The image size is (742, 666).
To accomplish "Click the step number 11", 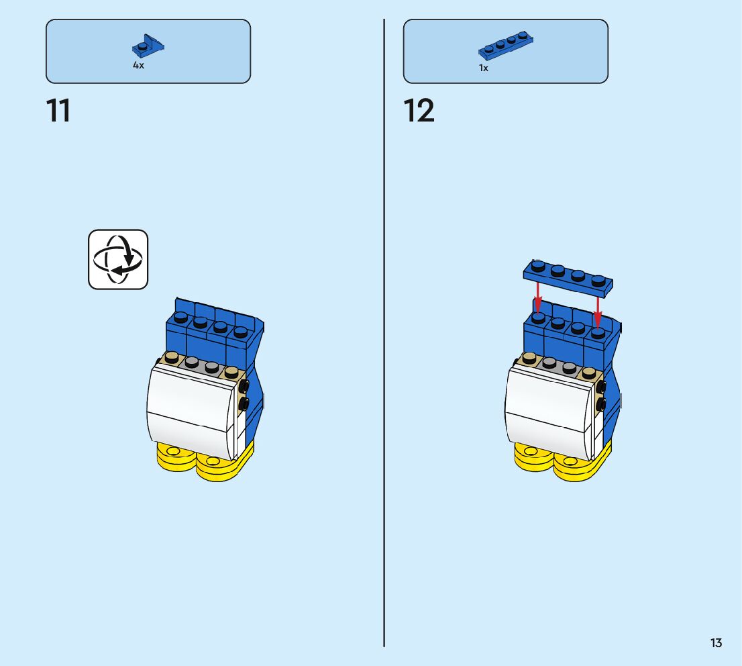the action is point(58,111).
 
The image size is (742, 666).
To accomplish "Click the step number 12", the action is point(419,111).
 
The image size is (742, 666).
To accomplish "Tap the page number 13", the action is point(716,643).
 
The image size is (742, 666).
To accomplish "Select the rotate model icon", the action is point(118,259).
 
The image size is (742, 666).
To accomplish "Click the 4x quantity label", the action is point(138,66).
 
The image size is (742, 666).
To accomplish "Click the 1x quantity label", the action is point(484,68).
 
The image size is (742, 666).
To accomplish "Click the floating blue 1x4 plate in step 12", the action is point(568,278).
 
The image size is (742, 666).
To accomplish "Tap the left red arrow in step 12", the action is point(538,295).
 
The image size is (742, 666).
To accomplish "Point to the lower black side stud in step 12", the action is point(601,404).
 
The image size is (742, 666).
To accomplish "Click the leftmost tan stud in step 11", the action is point(172,356).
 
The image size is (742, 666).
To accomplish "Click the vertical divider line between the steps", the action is point(384,336).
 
